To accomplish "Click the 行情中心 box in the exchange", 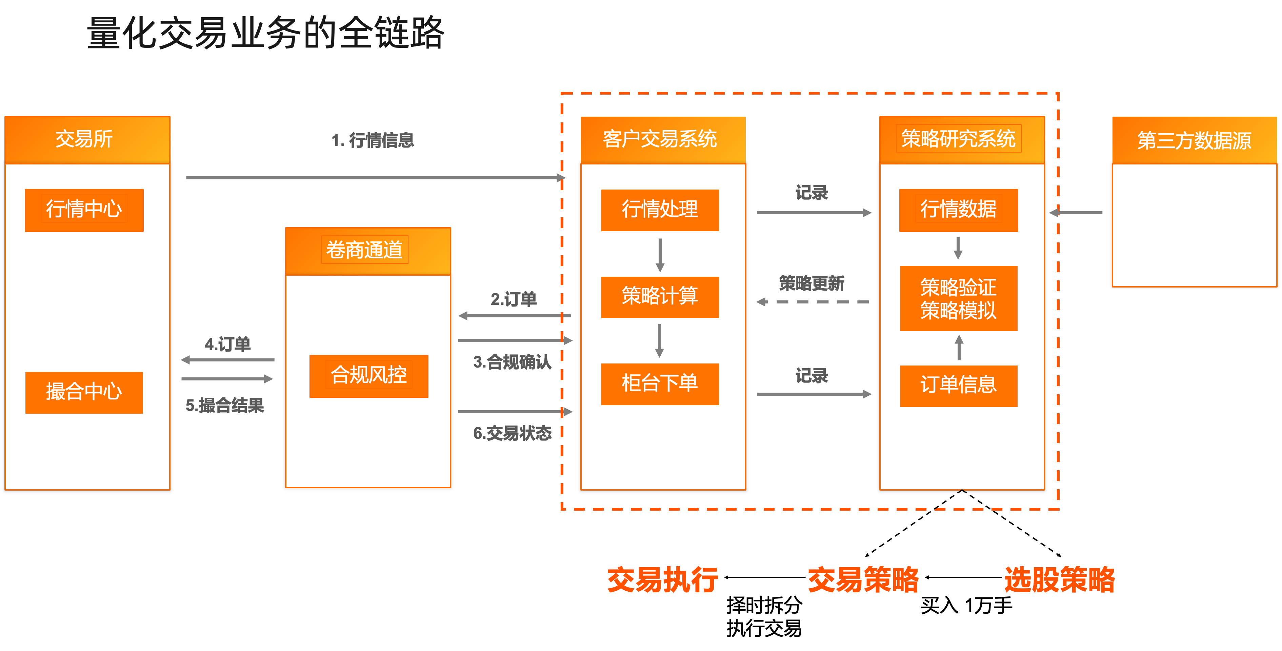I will [84, 210].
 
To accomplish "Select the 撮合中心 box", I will [84, 392].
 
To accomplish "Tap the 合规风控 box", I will [369, 376].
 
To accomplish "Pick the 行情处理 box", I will [660, 210].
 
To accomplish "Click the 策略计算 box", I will [660, 297].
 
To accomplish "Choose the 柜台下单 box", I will [660, 384].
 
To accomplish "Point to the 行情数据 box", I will [959, 210].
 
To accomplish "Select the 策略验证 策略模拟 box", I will [959, 298].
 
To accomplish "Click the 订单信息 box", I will [959, 386].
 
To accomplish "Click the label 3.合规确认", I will [512, 362].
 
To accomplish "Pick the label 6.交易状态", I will [512, 433].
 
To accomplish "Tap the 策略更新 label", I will [812, 283].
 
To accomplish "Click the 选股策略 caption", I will [1060, 580].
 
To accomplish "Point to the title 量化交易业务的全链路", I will [265, 33].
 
